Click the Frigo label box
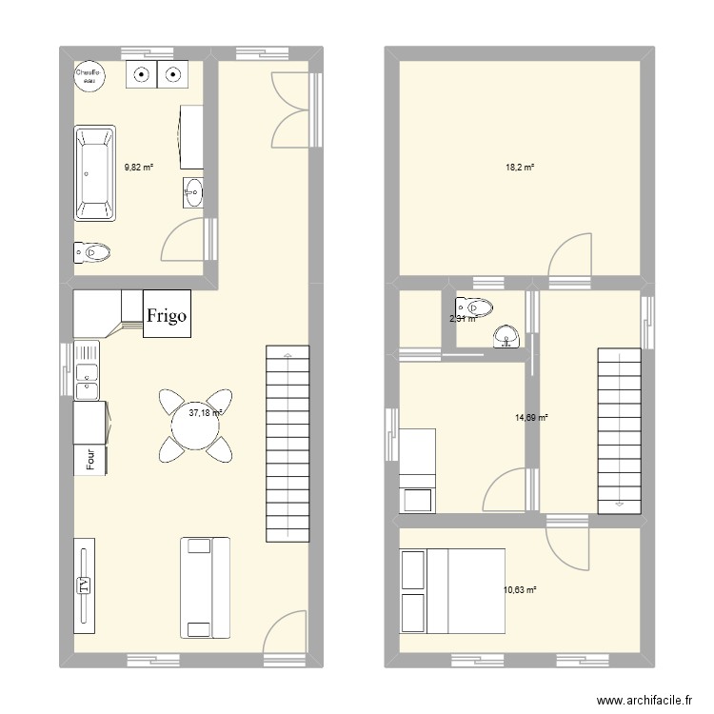pos(168,314)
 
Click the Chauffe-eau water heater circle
pos(90,75)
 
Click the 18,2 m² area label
pos(519,168)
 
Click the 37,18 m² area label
pos(206,413)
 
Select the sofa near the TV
pos(206,586)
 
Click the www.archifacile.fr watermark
pos(642,701)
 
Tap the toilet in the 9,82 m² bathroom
pos(92,252)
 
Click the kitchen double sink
pos(88,372)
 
